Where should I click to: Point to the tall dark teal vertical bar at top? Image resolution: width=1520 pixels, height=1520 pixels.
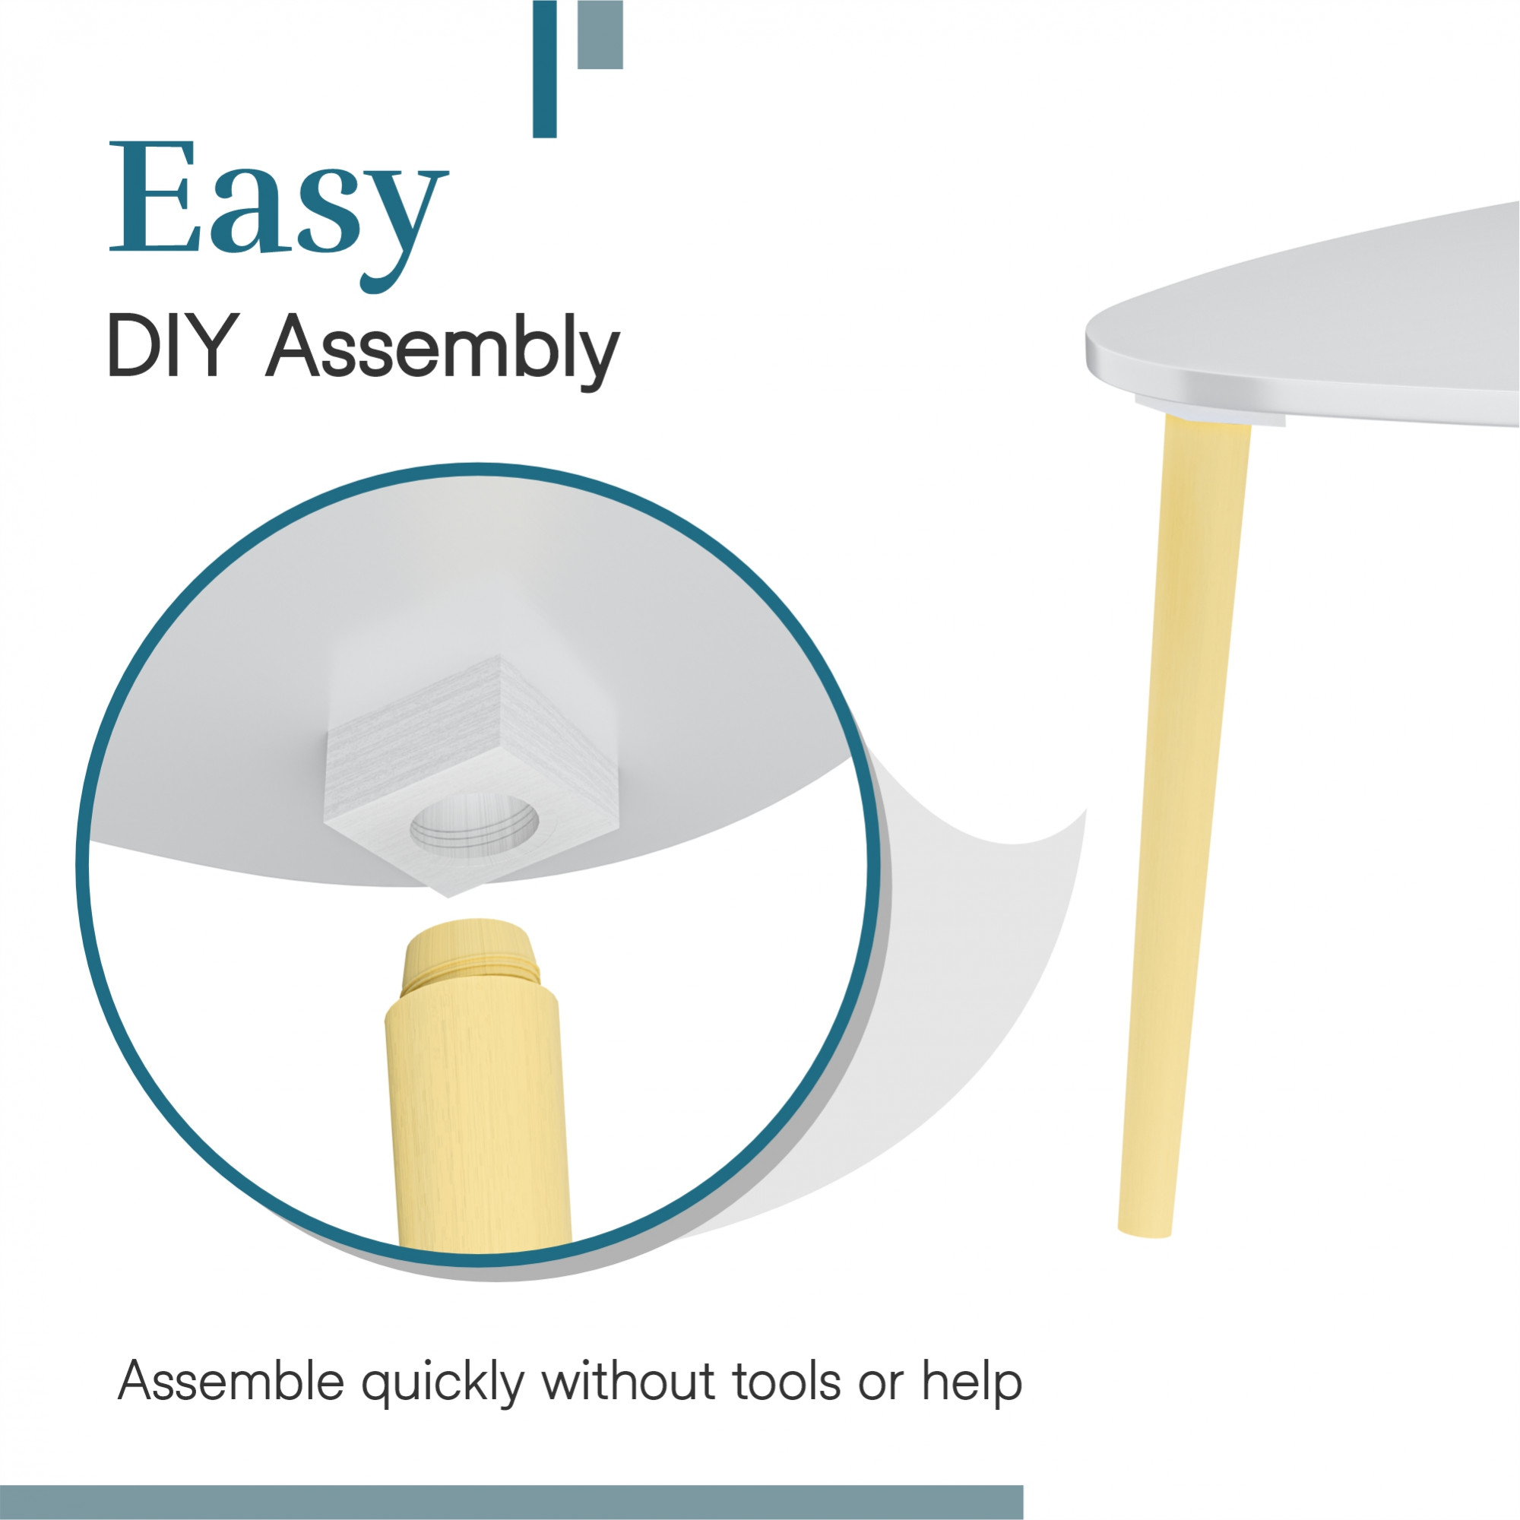tap(544, 69)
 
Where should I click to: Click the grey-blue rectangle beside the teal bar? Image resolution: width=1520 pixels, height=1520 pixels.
tap(600, 35)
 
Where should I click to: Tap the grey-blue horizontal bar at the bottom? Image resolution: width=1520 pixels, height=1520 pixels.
tap(511, 1503)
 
